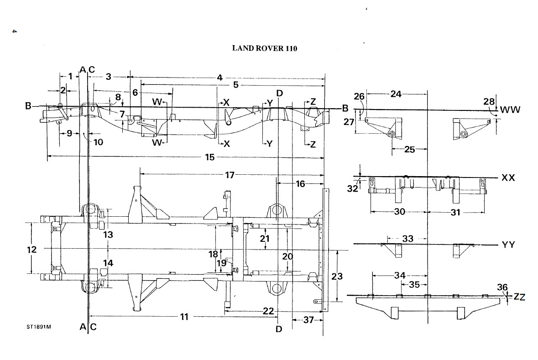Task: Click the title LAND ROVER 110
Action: point(265,48)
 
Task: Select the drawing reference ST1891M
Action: point(39,327)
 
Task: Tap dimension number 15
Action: point(210,157)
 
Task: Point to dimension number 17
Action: point(230,175)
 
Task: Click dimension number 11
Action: point(184,316)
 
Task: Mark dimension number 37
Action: point(308,320)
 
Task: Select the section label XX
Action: point(508,177)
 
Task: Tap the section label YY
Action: point(508,245)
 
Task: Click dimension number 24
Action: point(396,94)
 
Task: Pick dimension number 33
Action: point(407,239)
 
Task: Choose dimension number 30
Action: point(399,212)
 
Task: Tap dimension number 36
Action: point(502,287)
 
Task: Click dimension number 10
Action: point(98,142)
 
